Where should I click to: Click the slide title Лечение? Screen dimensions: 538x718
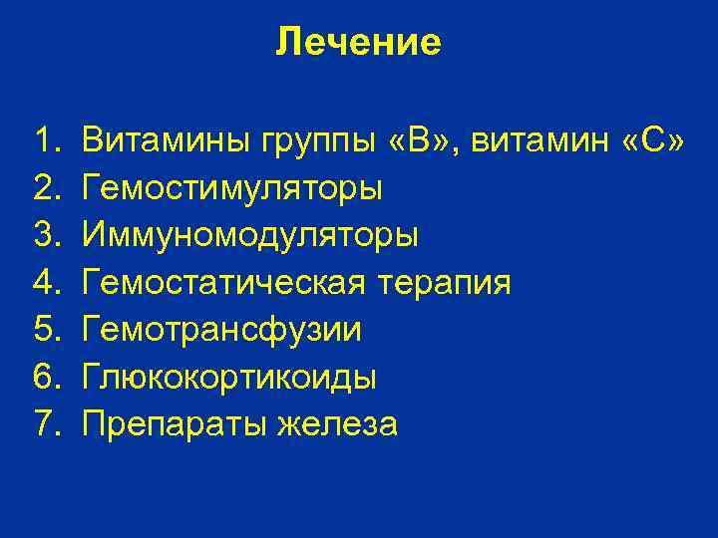pyautogui.click(x=358, y=43)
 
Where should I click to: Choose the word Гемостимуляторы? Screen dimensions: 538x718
pyautogui.click(x=232, y=187)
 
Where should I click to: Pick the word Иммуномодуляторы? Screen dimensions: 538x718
pyautogui.click(x=250, y=235)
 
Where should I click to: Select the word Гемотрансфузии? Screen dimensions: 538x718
pyautogui.click(x=222, y=330)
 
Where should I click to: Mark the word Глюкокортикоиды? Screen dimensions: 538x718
pyautogui.click(x=229, y=378)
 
